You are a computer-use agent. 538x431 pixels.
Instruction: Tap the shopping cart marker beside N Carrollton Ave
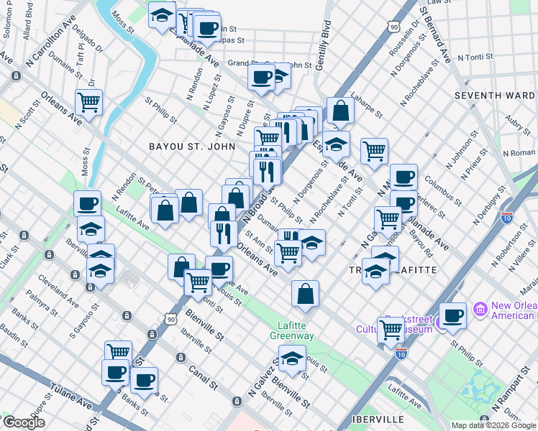pyautogui.click(x=89, y=102)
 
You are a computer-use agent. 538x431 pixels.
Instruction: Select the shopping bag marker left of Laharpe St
pyautogui.click(x=340, y=111)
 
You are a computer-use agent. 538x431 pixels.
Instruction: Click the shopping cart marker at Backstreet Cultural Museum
pyautogui.click(x=391, y=330)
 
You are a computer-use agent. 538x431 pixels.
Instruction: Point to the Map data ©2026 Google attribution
pyautogui.click(x=493, y=425)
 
